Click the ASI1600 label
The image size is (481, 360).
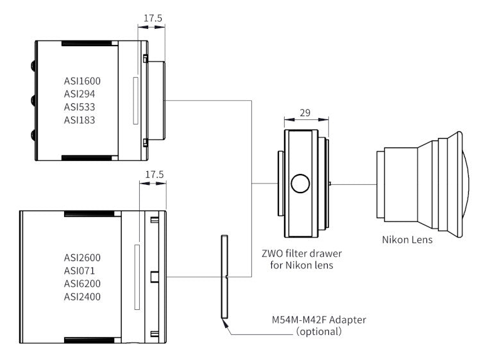click(x=83, y=81)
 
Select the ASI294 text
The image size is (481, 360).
click(x=80, y=94)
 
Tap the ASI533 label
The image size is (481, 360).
click(x=80, y=107)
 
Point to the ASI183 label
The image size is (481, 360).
click(x=80, y=120)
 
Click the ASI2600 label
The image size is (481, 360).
click(x=82, y=258)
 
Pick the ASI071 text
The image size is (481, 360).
click(x=80, y=271)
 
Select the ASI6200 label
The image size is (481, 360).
click(x=82, y=284)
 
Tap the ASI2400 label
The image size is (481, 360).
click(x=82, y=296)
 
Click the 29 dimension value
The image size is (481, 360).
click(x=305, y=113)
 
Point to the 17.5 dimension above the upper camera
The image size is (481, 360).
click(x=152, y=19)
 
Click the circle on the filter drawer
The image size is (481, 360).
click(x=300, y=184)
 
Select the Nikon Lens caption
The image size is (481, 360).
click(x=407, y=240)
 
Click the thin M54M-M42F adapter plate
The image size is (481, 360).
click(x=224, y=277)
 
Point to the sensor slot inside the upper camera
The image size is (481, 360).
click(x=134, y=100)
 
